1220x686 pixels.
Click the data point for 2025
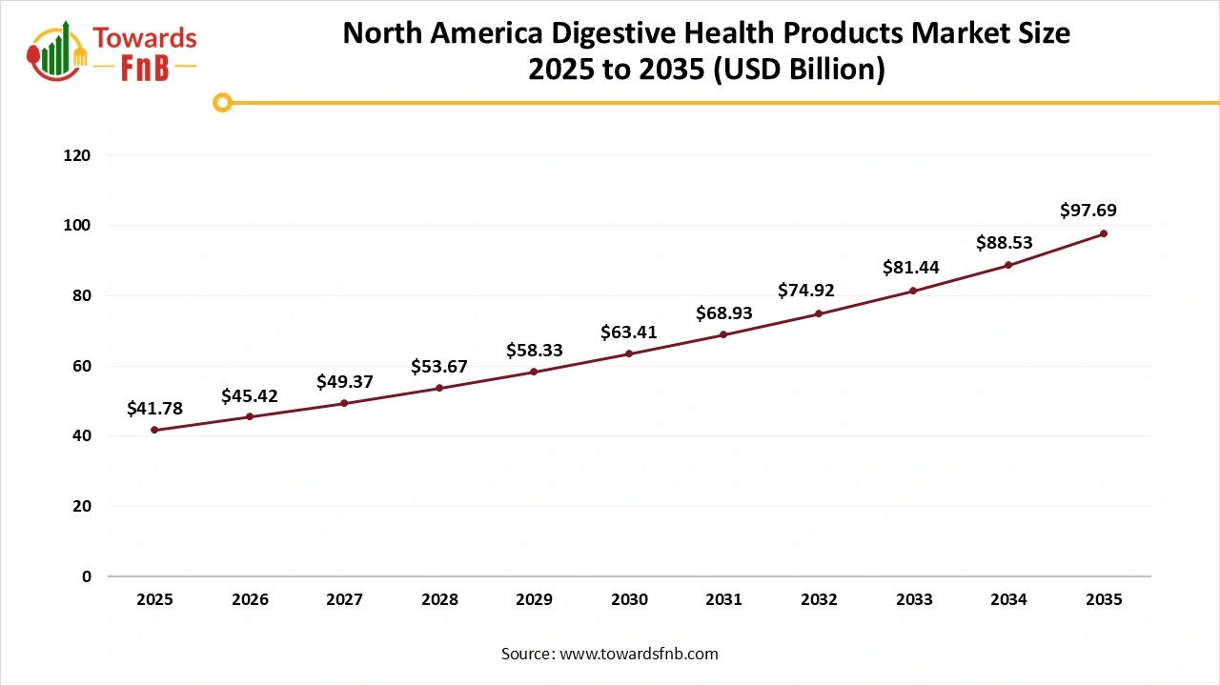click(154, 430)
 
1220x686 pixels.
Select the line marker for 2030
click(629, 353)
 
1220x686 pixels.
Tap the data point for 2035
click(1104, 233)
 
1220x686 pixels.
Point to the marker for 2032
click(819, 313)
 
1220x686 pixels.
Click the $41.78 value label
click(154, 409)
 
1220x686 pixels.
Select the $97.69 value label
click(1088, 211)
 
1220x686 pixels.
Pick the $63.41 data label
click(629, 333)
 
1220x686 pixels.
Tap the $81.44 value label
click(910, 268)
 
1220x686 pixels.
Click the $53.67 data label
click(439, 367)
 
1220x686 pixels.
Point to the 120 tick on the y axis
click(77, 155)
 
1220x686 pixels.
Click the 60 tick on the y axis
click(82, 366)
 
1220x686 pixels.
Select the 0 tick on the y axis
click(86, 576)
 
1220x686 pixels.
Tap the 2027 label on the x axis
click(344, 600)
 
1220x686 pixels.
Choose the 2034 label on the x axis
click(1008, 600)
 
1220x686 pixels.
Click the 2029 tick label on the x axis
click(534, 600)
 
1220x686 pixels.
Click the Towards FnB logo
click(112, 51)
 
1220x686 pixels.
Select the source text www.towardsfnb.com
click(638, 654)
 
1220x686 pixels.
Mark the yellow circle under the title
click(222, 102)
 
